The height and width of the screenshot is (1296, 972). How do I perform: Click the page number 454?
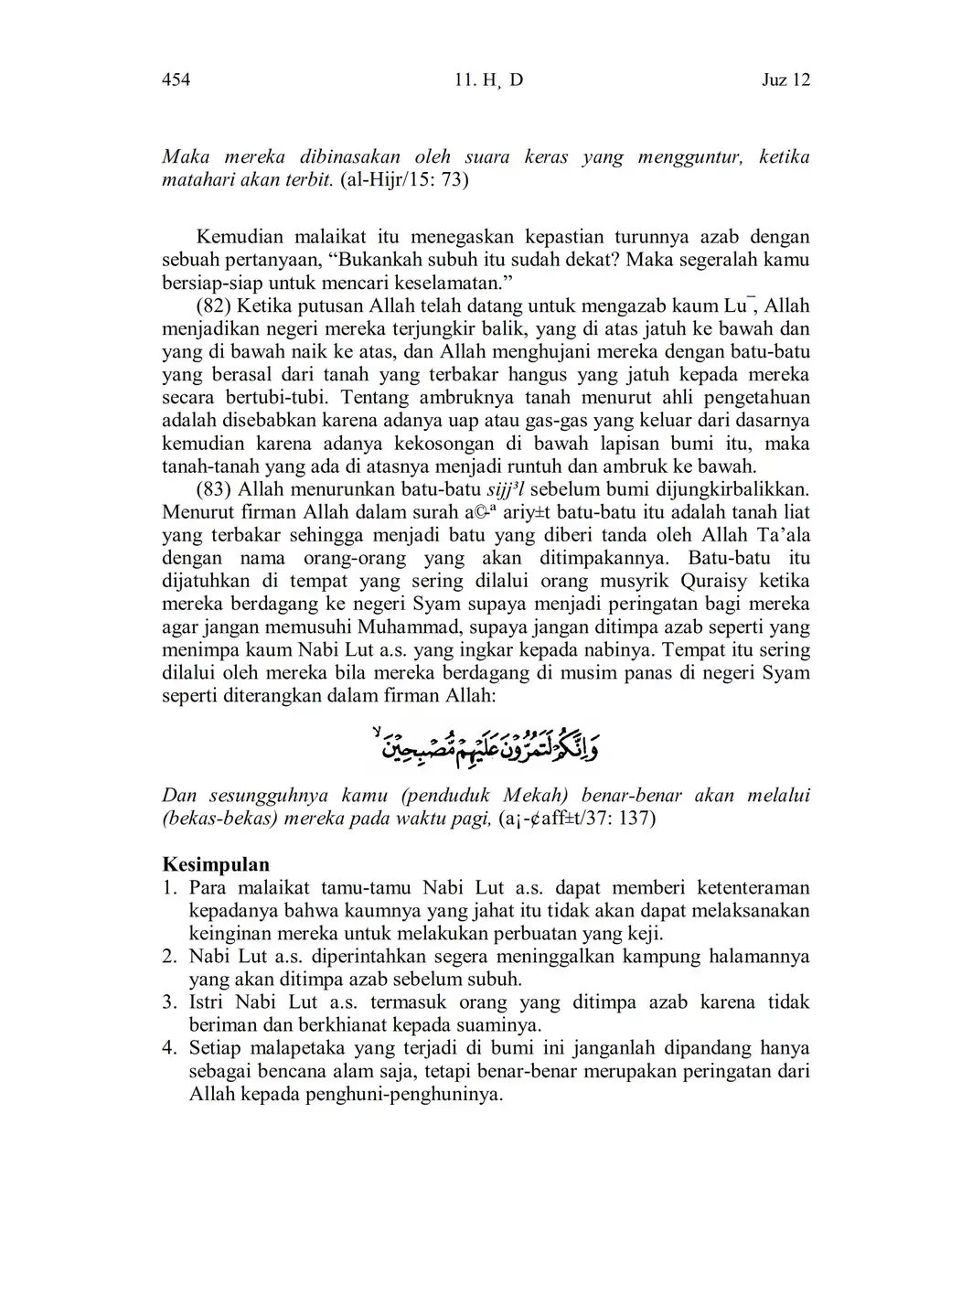tap(176, 80)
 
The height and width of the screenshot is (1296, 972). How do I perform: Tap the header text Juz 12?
tap(785, 80)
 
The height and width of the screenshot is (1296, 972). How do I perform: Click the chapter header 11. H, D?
tap(488, 80)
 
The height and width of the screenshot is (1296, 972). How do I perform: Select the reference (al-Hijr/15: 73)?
tap(404, 180)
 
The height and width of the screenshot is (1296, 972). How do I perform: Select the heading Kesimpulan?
tap(216, 865)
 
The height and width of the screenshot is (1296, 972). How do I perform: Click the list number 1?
tap(169, 888)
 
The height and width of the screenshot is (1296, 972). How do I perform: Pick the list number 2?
tap(169, 958)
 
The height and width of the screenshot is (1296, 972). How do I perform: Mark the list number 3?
tap(169, 1003)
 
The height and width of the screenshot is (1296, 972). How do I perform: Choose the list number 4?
tap(169, 1049)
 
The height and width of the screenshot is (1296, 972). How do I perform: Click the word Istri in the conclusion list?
tap(207, 1003)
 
